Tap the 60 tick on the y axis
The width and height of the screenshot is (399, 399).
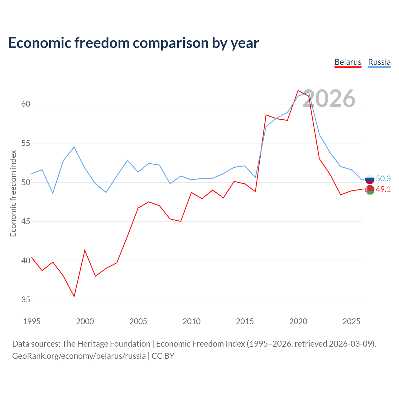coord(26,104)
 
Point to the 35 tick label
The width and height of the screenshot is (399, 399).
coord(26,300)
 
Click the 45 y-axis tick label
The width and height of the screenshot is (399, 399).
coord(26,221)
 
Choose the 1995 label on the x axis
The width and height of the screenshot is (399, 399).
coord(32,321)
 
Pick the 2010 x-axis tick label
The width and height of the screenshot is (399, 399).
coord(191,321)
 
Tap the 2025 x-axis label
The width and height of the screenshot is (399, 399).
coord(351,321)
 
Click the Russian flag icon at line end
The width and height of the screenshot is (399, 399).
coord(370,179)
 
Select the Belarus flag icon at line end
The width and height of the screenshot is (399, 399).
coord(370,190)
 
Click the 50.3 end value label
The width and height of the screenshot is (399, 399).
coord(383,179)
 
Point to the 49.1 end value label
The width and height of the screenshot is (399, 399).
coord(383,189)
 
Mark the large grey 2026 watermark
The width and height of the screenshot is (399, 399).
coord(329,99)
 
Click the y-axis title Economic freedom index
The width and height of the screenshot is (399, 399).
coord(13,193)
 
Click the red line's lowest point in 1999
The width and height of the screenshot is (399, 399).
coord(74,296)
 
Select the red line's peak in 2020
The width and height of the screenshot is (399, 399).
coord(298,90)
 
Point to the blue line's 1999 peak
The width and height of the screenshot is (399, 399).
coord(74,147)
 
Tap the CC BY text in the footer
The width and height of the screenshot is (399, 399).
coord(163,356)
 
